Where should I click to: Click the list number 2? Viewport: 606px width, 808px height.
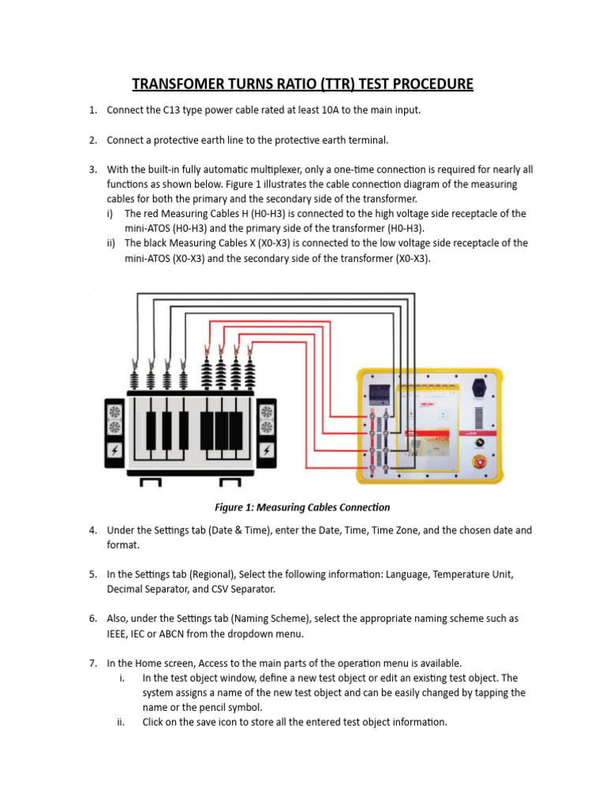[x=93, y=140]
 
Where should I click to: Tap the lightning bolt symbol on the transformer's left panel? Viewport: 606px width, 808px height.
[x=115, y=451]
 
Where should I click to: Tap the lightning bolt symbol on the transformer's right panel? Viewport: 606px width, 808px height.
[x=267, y=451]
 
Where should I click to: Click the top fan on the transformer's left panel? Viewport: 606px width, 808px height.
[x=115, y=412]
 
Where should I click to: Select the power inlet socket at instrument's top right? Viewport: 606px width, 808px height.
[x=478, y=387]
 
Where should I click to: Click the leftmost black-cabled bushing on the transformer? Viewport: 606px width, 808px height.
[x=136, y=379]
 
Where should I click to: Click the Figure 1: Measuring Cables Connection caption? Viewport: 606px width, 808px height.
[x=302, y=507]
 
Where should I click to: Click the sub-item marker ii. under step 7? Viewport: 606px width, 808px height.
[x=121, y=722]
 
